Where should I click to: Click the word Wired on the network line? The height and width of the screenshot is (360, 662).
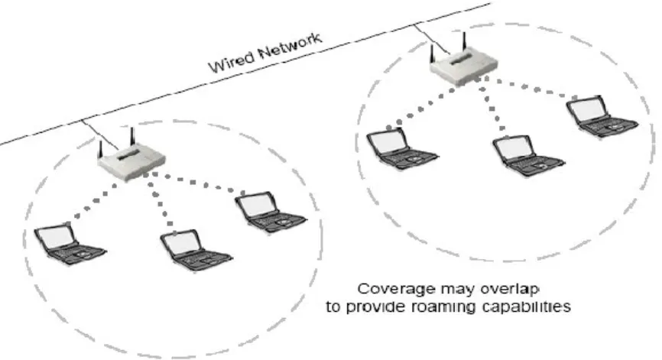tap(232, 62)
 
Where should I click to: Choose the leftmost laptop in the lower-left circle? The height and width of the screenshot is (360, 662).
tap(70, 244)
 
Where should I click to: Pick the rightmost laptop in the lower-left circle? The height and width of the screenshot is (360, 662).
tap(270, 212)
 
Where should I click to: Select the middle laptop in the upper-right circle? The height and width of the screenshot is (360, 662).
tap(528, 155)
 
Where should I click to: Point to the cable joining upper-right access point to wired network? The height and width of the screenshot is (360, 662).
tap(432, 39)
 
